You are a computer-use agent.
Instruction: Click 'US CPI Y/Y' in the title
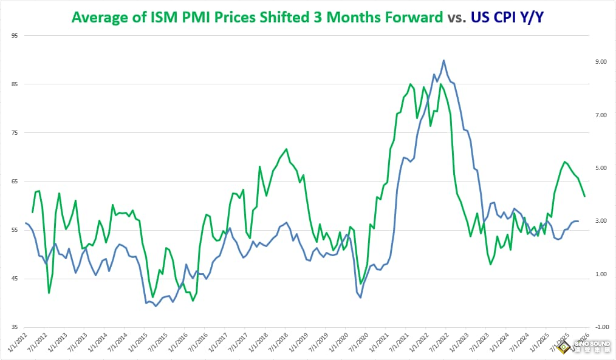click(x=508, y=17)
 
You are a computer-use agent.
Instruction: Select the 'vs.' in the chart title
click(x=457, y=17)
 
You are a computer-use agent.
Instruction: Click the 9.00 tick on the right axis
click(x=601, y=62)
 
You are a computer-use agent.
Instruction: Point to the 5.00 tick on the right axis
click(x=601, y=168)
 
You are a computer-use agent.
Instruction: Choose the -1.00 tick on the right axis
click(x=600, y=327)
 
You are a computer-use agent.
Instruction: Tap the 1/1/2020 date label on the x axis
click(x=338, y=344)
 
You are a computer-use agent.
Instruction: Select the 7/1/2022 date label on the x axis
click(x=437, y=344)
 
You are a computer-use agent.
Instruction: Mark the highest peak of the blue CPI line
click(x=443, y=60)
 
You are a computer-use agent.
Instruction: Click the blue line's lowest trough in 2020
click(x=360, y=297)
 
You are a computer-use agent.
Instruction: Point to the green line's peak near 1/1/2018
click(x=286, y=149)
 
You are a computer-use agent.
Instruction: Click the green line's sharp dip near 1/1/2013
click(x=49, y=293)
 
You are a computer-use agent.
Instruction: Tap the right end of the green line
click(x=584, y=196)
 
